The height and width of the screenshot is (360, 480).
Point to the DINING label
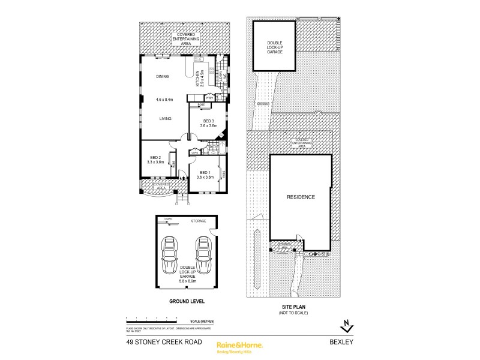[x=163, y=77]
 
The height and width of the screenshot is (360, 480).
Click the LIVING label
[x=166, y=119]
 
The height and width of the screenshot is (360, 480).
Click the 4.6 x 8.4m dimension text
[x=164, y=100]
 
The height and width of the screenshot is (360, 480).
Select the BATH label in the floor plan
[x=213, y=146]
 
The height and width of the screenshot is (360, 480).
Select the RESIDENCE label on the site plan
[x=300, y=197]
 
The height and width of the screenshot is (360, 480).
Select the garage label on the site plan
[x=275, y=46]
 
